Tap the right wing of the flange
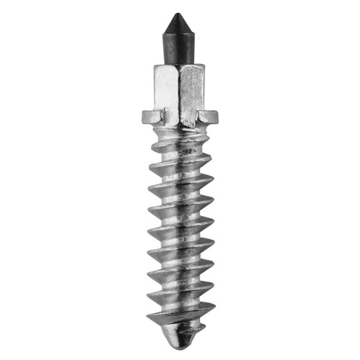[x=209, y=115]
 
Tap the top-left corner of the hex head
[x=155, y=68]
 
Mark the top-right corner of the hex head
[x=204, y=68]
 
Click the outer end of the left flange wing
[x=141, y=115]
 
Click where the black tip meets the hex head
[x=179, y=66]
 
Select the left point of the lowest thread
[x=147, y=318]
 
